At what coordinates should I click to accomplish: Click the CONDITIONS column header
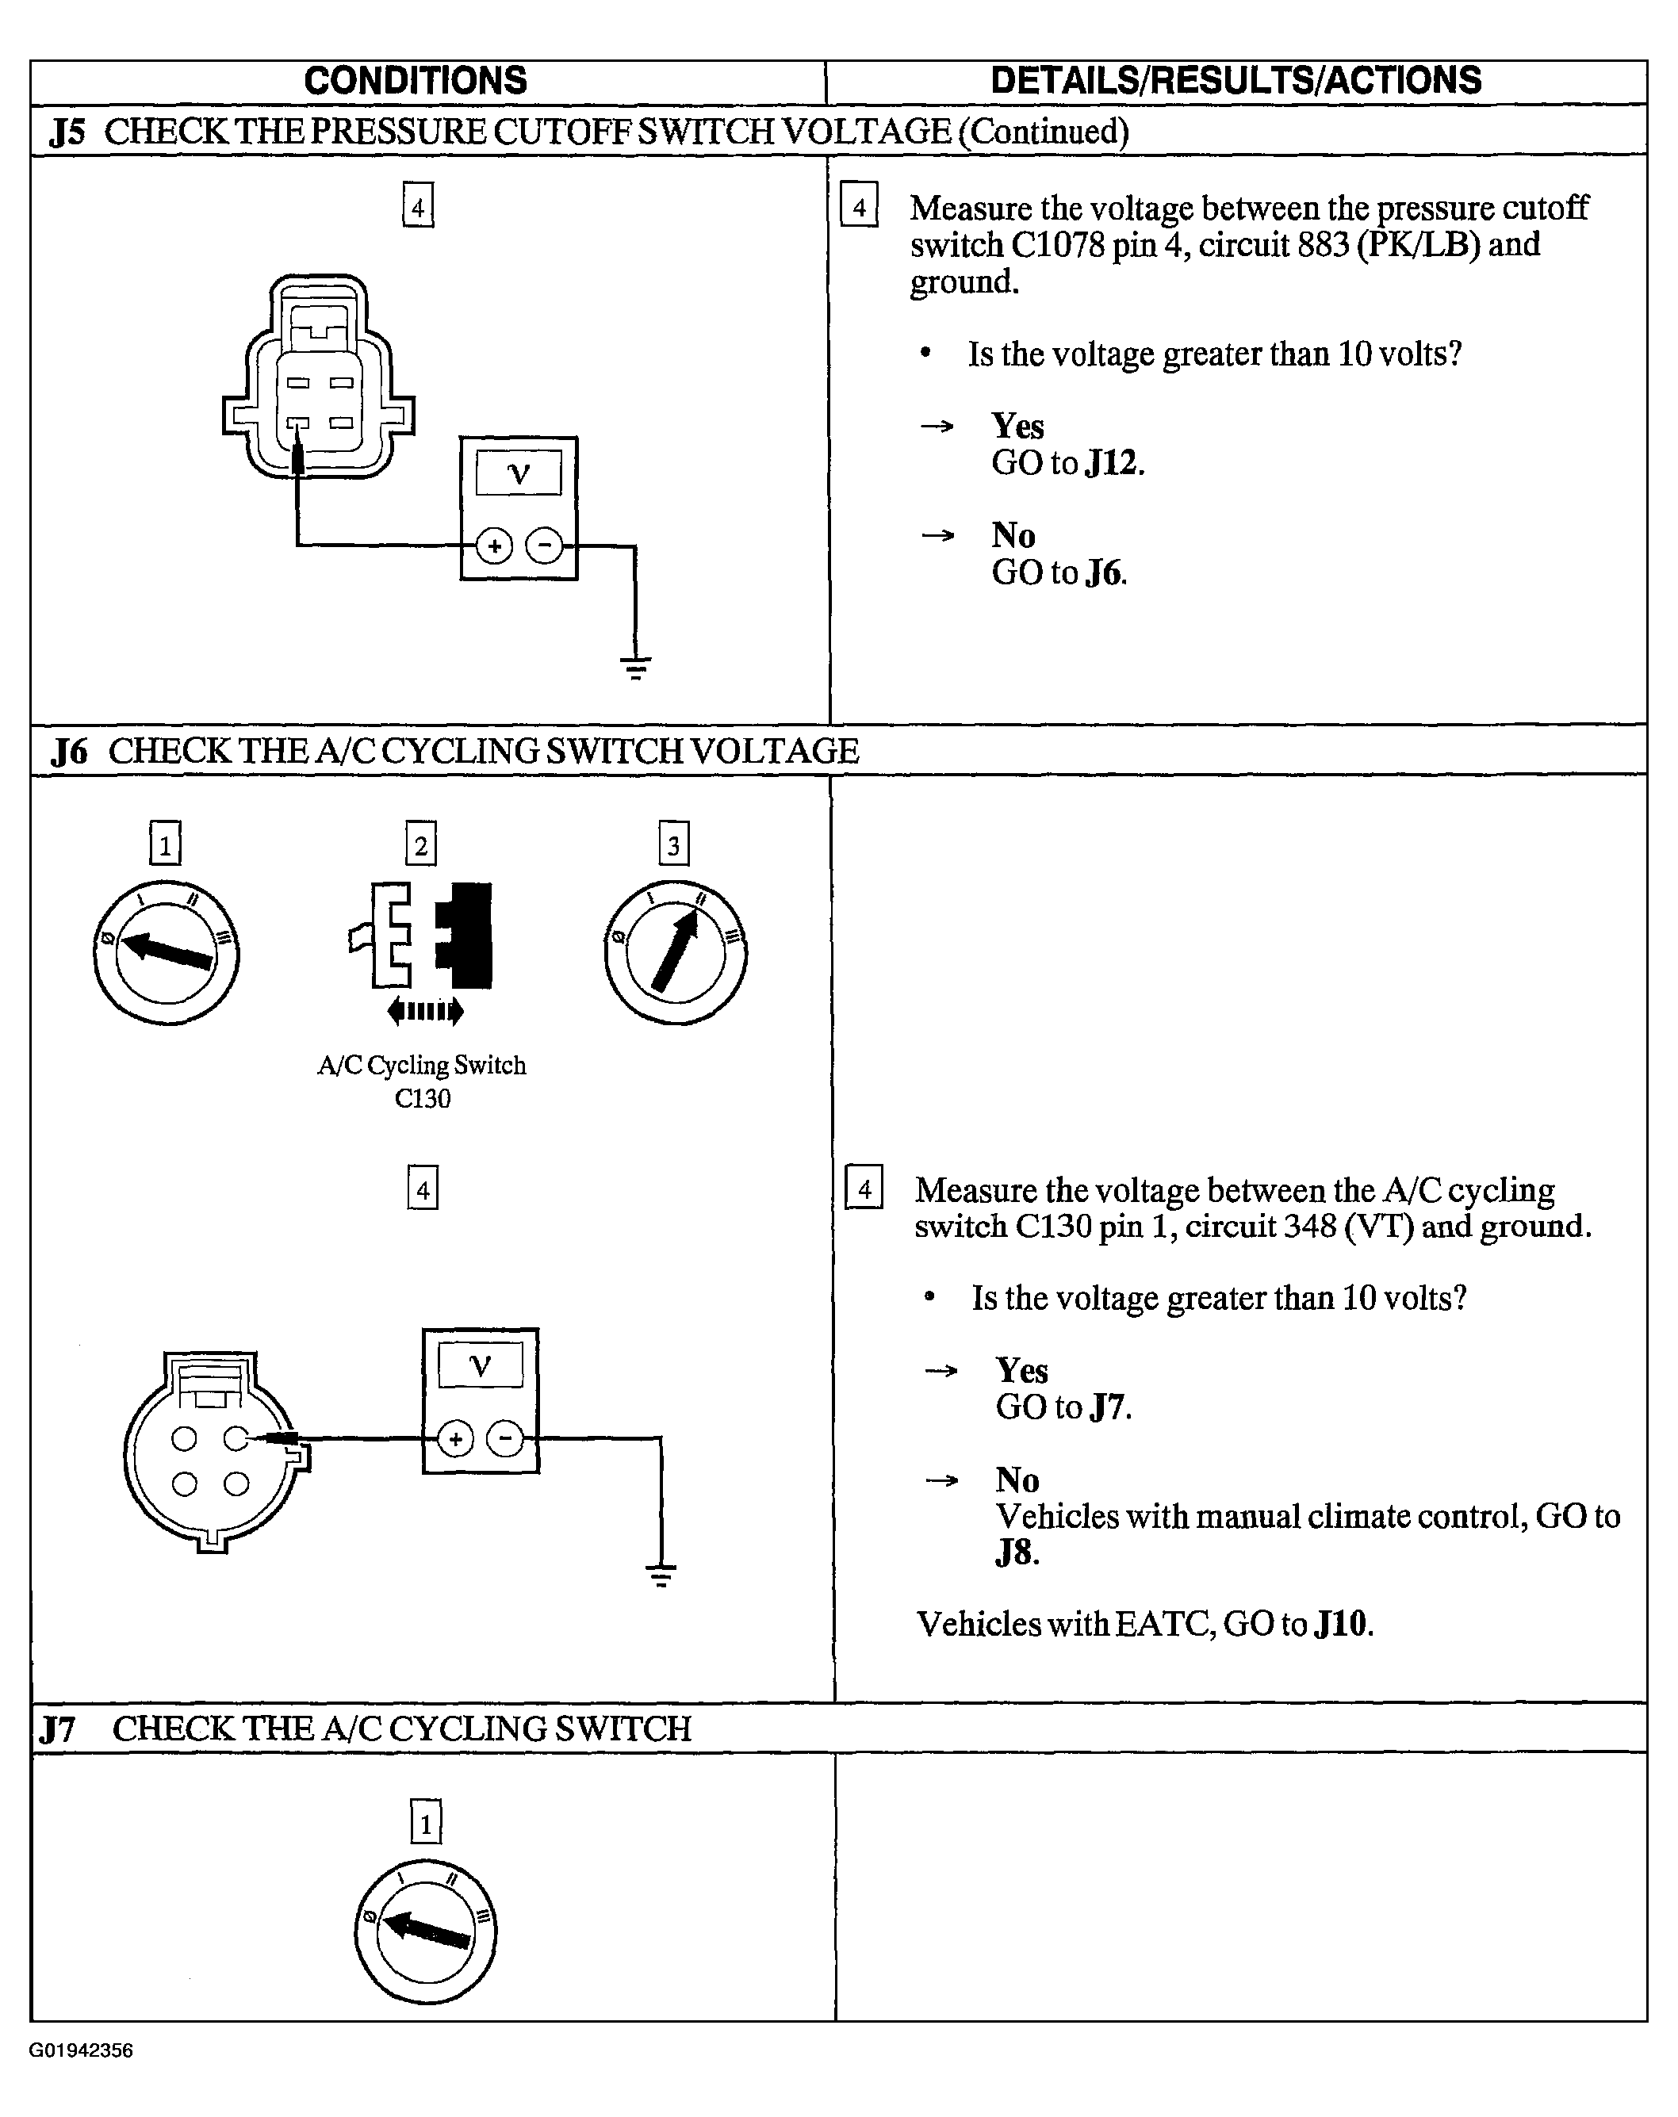416,81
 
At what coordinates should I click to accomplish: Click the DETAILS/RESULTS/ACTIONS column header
1236,81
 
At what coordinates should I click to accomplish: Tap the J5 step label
67,132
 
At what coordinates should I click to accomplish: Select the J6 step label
69,751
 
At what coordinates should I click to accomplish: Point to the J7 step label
57,1728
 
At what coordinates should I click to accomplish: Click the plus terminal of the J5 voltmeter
495,546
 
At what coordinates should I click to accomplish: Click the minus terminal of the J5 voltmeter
545,546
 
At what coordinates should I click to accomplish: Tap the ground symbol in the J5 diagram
635,668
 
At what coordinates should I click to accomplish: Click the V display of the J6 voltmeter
480,1365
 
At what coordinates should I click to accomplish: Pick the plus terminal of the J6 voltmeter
454,1441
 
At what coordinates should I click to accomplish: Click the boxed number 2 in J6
421,844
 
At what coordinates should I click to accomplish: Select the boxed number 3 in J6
673,844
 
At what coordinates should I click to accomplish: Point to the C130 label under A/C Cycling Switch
422,1099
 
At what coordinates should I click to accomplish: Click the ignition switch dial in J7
425,1931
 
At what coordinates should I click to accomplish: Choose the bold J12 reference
1113,462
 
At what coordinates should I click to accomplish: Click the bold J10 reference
1341,1624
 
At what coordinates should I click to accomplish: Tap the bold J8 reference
1015,1553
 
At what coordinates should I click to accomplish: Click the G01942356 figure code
82,2050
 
